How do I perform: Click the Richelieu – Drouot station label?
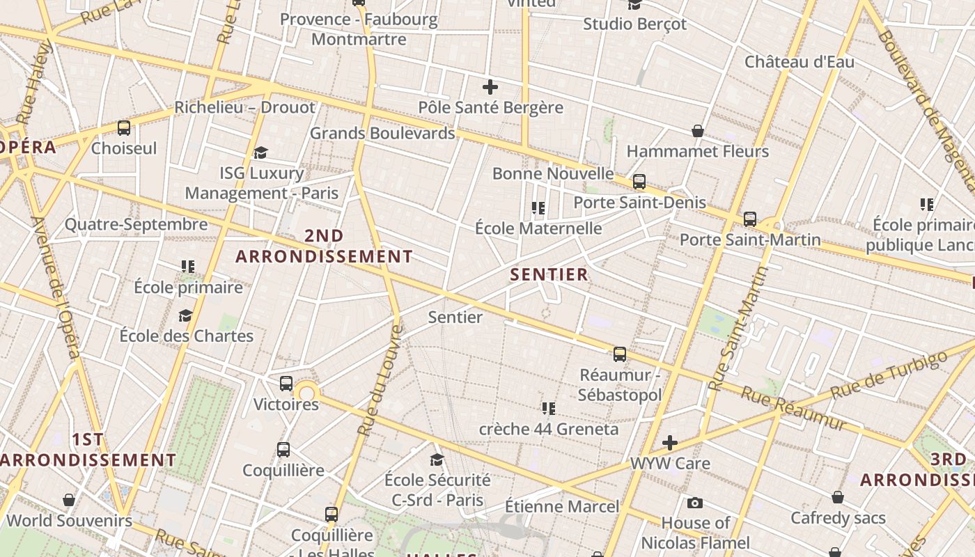click(x=244, y=107)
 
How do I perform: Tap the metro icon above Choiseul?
click(x=124, y=128)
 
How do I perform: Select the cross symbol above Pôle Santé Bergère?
click(x=490, y=87)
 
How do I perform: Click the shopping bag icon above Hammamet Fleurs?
click(x=697, y=131)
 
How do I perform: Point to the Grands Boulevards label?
click(x=382, y=133)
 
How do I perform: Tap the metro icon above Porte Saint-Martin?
click(x=750, y=219)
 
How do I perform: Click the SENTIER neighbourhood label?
click(x=549, y=274)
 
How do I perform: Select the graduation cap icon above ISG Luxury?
click(x=261, y=152)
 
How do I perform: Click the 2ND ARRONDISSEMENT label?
click(x=324, y=246)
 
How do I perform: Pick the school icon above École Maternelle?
click(x=538, y=207)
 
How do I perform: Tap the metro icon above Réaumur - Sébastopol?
click(x=620, y=354)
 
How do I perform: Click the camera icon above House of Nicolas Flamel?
click(x=694, y=503)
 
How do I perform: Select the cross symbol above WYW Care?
click(x=669, y=443)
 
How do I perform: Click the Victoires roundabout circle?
click(x=307, y=393)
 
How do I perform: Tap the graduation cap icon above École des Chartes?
click(x=185, y=316)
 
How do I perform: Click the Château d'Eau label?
click(x=799, y=61)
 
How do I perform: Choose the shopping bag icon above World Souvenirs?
click(x=69, y=500)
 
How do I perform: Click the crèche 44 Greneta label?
click(x=548, y=429)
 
